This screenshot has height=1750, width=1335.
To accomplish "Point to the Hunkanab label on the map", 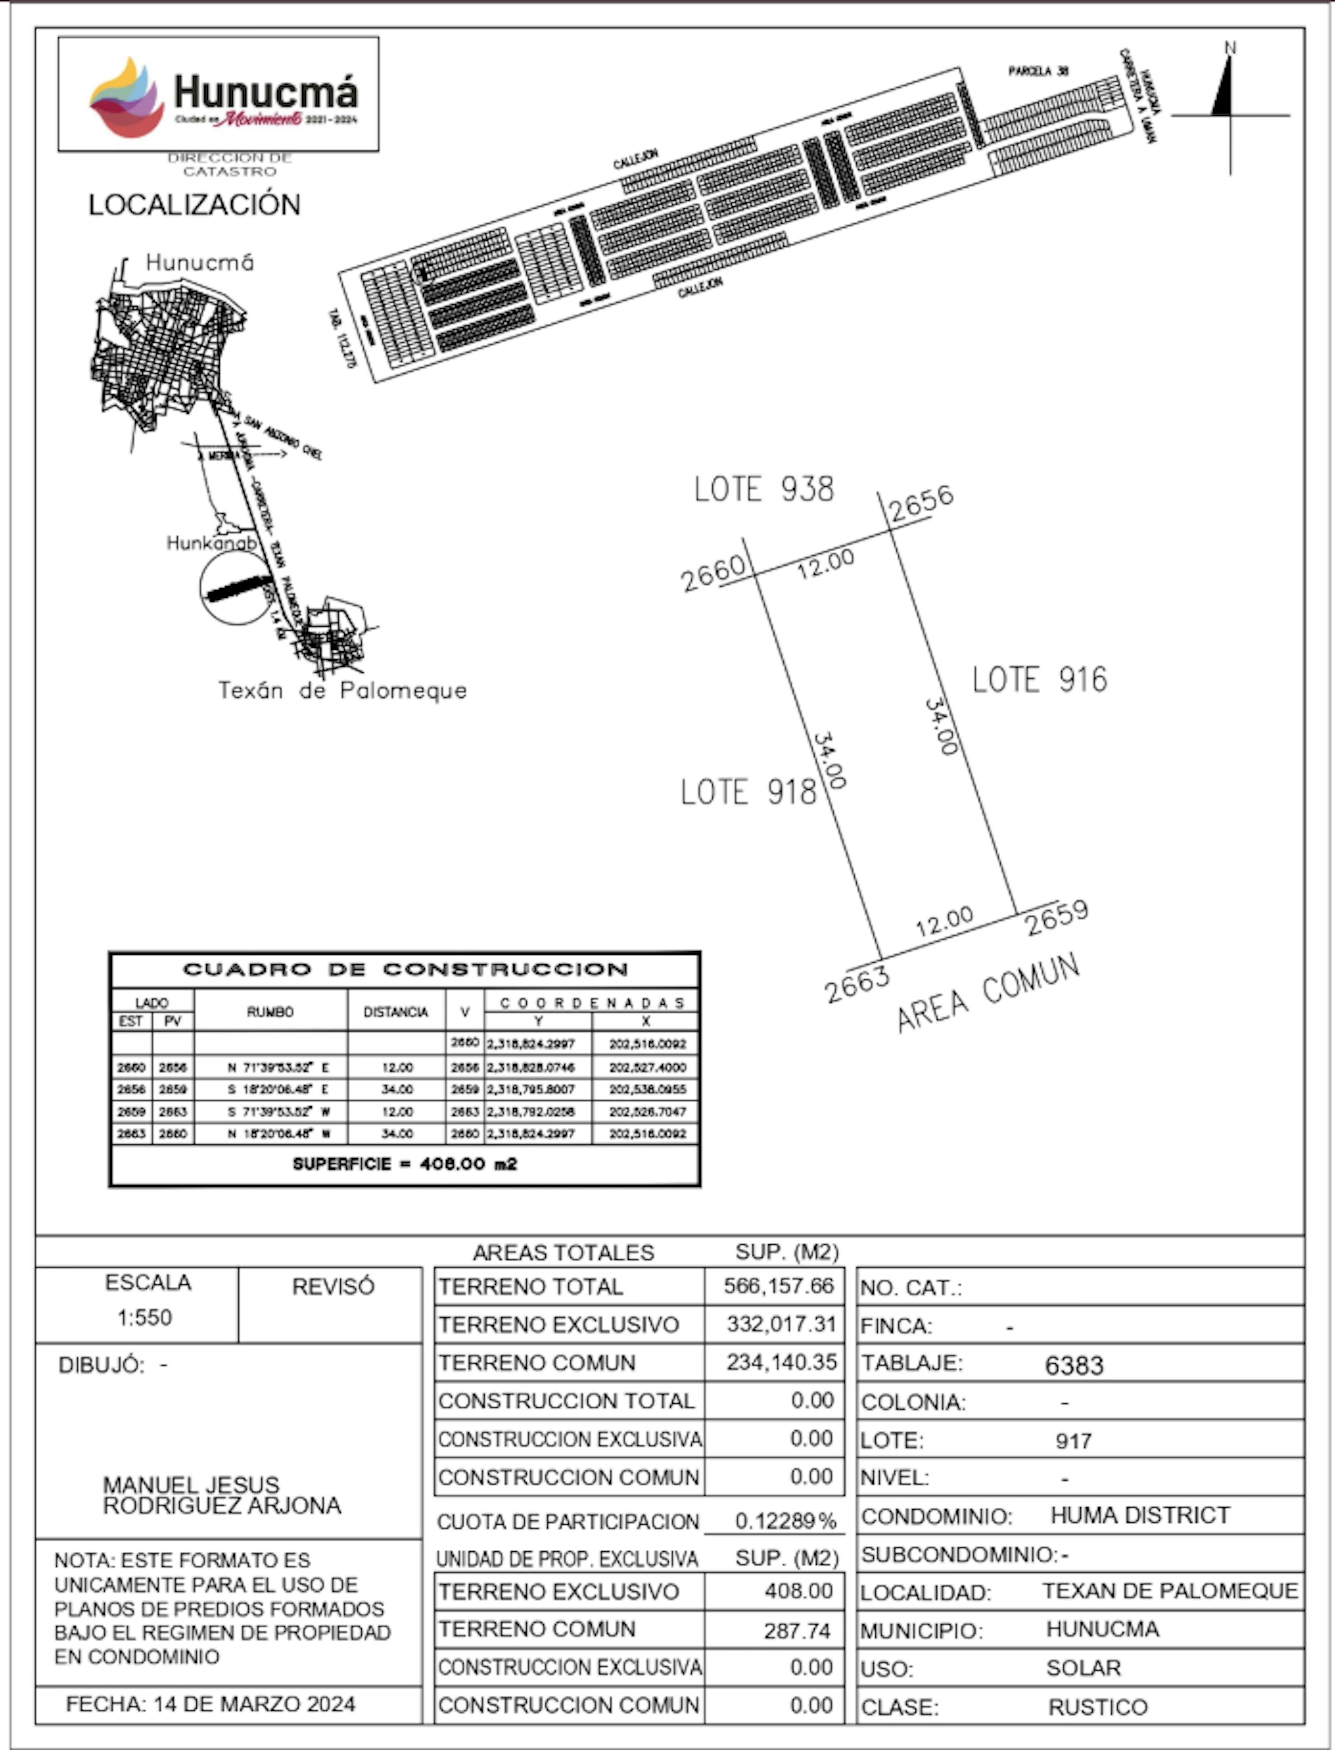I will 211,543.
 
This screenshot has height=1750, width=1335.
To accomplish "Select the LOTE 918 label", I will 748,792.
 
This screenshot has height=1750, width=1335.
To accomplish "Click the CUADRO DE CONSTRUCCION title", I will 405,970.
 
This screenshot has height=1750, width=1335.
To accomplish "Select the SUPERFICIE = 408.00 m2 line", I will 404,1164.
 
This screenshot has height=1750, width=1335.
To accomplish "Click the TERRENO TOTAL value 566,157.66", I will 778,1286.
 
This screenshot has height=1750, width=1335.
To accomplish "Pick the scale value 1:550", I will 145,1318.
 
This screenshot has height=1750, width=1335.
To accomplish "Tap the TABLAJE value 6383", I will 1074,1365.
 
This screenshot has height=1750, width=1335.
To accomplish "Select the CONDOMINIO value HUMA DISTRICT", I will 1140,1516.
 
